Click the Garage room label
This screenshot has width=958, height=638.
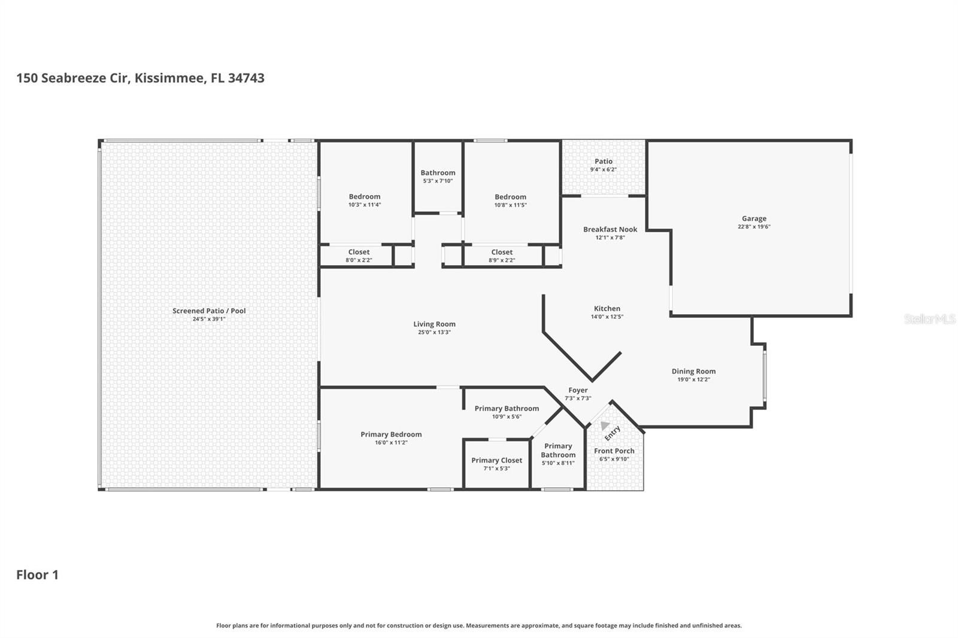(x=754, y=218)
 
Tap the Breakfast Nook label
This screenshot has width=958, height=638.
(x=610, y=229)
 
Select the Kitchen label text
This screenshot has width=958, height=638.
(x=607, y=308)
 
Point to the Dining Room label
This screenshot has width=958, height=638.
(x=693, y=372)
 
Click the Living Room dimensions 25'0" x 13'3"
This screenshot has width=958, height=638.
(x=434, y=332)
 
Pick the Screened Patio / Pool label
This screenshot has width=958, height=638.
(x=209, y=311)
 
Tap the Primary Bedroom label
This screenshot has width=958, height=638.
(x=391, y=435)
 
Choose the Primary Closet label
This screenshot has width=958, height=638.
(x=496, y=460)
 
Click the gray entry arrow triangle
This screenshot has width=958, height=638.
(x=604, y=426)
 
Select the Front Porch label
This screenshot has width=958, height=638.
(x=614, y=451)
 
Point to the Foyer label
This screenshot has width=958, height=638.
(x=578, y=390)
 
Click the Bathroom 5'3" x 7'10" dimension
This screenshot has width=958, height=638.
(x=438, y=181)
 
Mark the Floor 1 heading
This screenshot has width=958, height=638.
(x=37, y=575)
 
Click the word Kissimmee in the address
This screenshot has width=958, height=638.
(x=170, y=78)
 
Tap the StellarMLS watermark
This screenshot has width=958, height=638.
(x=929, y=319)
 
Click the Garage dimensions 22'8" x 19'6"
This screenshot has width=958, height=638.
(x=754, y=227)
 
